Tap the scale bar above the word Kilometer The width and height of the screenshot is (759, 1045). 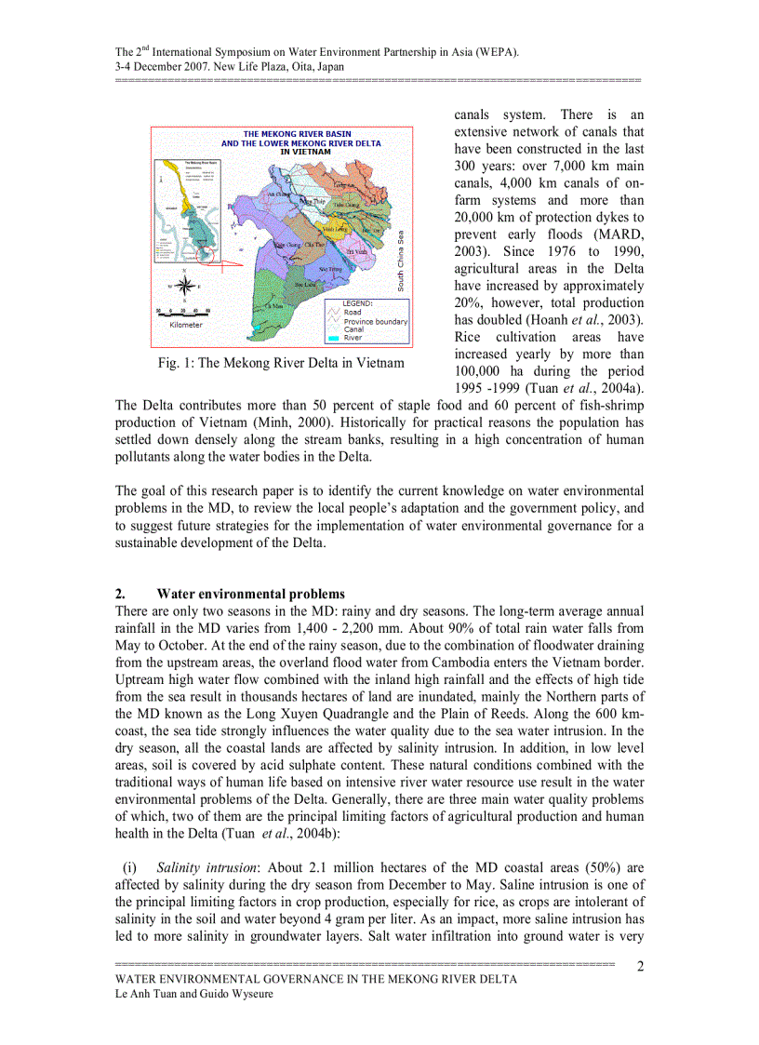(184, 312)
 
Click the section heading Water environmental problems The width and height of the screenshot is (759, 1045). (251, 594)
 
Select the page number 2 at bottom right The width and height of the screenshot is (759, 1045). (640, 967)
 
